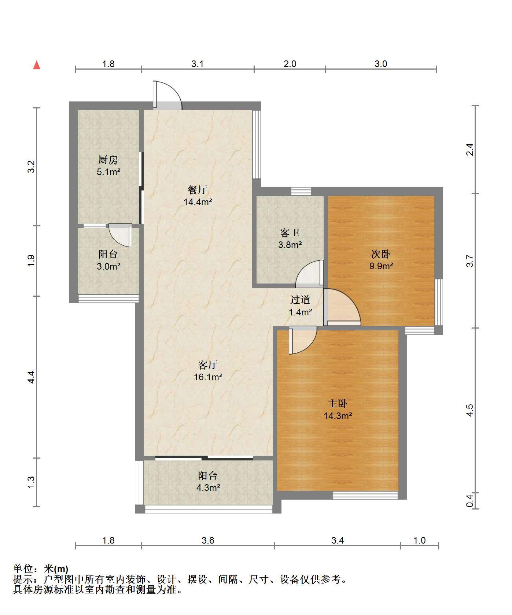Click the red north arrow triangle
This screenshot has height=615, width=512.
point(37,65)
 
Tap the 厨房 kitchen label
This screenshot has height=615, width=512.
point(108,160)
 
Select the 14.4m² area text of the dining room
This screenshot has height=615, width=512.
point(198,201)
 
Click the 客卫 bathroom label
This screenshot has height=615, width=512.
point(290,232)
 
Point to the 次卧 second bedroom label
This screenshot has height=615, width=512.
point(381,254)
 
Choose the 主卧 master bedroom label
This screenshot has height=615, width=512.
point(338,403)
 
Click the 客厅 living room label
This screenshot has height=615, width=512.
point(208,364)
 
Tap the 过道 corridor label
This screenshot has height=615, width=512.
point(301,300)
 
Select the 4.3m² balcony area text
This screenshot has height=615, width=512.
point(208,488)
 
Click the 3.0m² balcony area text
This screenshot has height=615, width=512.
point(108,266)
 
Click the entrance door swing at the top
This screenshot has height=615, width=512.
point(167,95)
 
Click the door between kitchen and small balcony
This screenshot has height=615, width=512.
point(120,236)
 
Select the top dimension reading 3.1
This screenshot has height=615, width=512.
point(198,64)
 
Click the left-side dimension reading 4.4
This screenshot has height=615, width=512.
point(32,377)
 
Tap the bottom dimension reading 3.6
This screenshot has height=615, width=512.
point(208,540)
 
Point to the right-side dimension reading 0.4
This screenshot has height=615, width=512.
point(470,500)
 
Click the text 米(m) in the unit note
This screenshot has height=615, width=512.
point(56,569)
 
